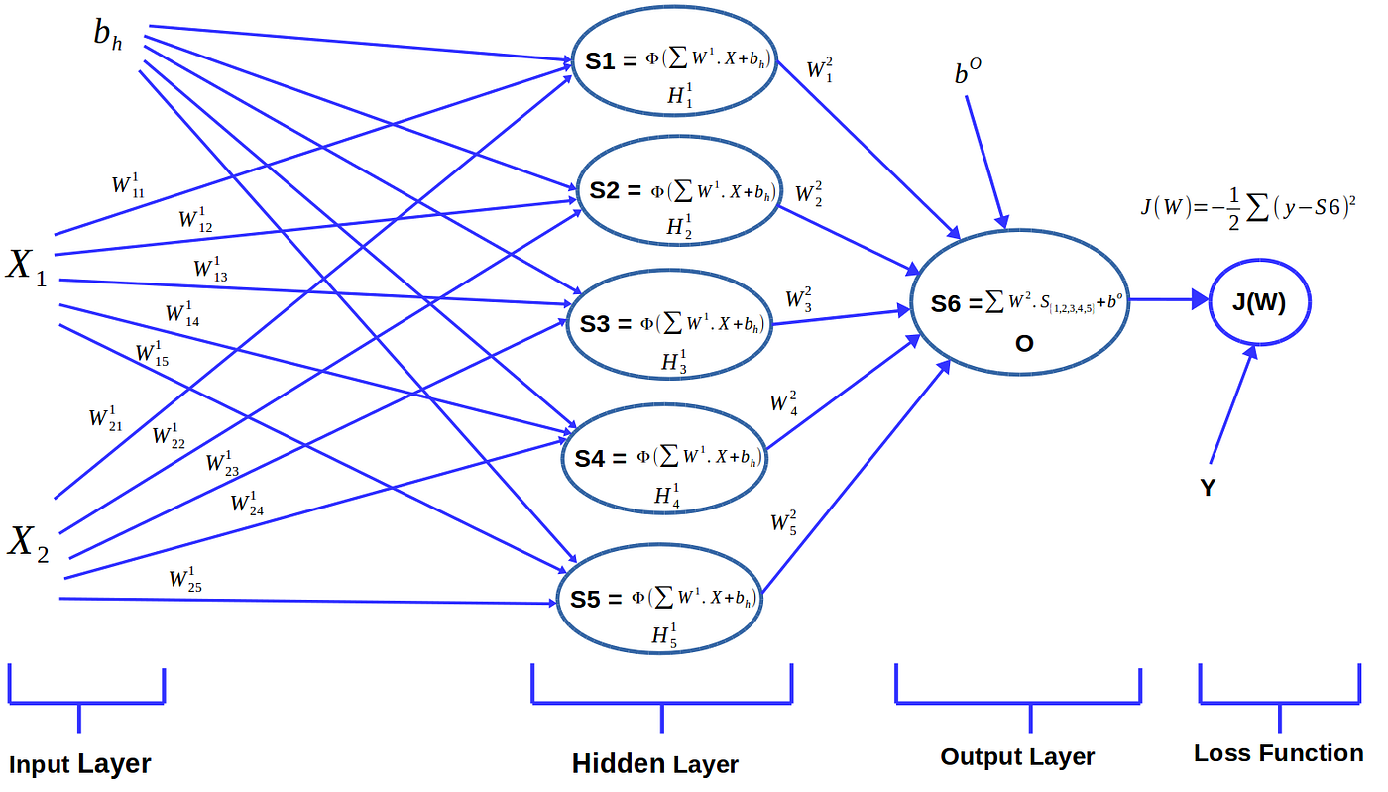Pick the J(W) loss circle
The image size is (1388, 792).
coord(1259,302)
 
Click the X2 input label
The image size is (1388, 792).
coord(28,544)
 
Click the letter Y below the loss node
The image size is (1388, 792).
coord(1208,489)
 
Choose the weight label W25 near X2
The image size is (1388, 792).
coord(185,580)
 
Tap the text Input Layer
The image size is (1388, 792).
coord(80,764)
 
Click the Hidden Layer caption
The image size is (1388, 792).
coord(655,764)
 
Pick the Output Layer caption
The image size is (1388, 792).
coord(1017,757)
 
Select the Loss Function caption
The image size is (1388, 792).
coord(1278,753)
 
